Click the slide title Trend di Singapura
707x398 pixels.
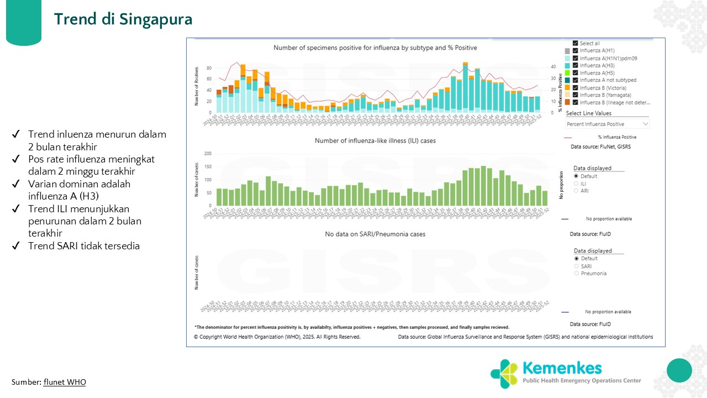123,19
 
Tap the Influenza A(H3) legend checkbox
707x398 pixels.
576,66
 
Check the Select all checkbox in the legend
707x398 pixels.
576,44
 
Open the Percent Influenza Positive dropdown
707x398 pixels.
608,124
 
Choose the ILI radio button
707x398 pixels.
577,184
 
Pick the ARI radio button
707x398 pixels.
577,191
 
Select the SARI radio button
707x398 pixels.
577,266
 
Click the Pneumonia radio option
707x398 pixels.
577,273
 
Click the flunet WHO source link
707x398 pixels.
65,382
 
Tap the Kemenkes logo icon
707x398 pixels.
504,374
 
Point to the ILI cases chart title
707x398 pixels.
375,141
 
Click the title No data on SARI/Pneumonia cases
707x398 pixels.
375,234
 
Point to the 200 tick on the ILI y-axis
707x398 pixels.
208,153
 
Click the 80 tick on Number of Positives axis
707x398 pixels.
209,68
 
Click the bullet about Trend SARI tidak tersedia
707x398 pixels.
83,246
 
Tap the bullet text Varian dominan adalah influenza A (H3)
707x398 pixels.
79,190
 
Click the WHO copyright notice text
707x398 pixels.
277,337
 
